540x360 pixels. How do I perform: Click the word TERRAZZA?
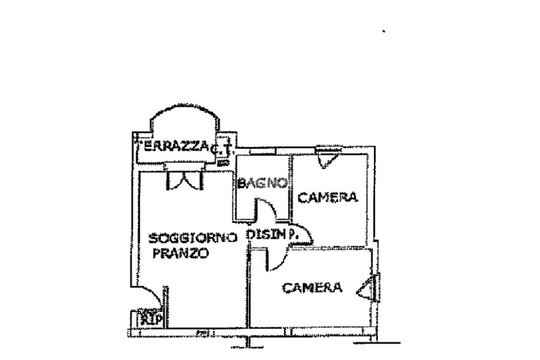[173, 148]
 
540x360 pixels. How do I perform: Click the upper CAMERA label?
[328, 198]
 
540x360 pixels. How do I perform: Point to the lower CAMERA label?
[313, 288]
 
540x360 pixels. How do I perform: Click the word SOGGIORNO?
[192, 238]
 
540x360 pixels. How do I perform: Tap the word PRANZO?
[181, 254]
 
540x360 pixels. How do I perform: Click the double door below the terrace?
[184, 180]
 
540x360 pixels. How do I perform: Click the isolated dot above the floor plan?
[383, 32]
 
